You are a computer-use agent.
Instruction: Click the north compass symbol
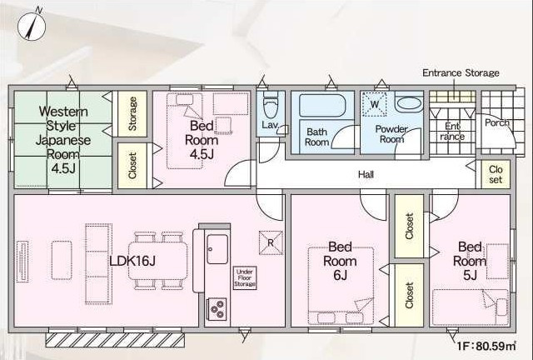pyautogui.click(x=32, y=26)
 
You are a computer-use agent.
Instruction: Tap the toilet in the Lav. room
pyautogui.click(x=271, y=105)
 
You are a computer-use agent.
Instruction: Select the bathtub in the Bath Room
pyautogui.click(x=322, y=106)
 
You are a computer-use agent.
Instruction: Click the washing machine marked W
pyautogui.click(x=374, y=104)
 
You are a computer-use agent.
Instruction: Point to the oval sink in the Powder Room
pyautogui.click(x=409, y=103)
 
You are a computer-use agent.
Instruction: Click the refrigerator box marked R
pyautogui.click(x=271, y=242)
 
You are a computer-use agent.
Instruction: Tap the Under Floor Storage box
pyautogui.click(x=245, y=278)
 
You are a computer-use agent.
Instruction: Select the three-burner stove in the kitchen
pyautogui.click(x=217, y=309)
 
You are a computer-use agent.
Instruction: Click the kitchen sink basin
pyautogui.click(x=217, y=249)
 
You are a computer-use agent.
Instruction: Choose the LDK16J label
pyautogui.click(x=132, y=261)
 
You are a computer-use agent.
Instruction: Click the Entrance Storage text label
pyautogui.click(x=461, y=72)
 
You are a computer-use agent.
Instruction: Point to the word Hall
pyautogui.click(x=366, y=174)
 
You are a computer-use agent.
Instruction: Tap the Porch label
pyautogui.click(x=496, y=122)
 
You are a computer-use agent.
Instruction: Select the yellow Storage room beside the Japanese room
pyautogui.click(x=132, y=113)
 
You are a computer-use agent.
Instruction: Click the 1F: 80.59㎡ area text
pyautogui.click(x=486, y=347)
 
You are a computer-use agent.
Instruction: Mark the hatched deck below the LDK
pyautogui.click(x=115, y=340)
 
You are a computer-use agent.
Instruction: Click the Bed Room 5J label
pyautogui.click(x=470, y=261)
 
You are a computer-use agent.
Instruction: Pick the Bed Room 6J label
pyautogui.click(x=340, y=261)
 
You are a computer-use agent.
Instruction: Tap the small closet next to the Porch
pyautogui.click(x=496, y=174)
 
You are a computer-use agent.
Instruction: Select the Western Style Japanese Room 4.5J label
pyautogui.click(x=63, y=140)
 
